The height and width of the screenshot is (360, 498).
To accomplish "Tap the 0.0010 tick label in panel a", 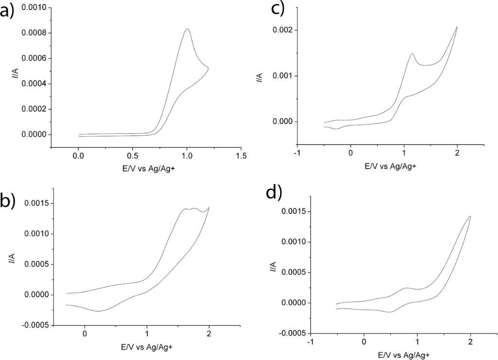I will [34, 8].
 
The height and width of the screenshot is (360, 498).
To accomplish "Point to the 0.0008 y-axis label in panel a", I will [34, 33].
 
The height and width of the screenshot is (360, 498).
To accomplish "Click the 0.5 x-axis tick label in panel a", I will [132, 156].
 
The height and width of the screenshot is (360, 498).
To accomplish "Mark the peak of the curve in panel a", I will [187, 29].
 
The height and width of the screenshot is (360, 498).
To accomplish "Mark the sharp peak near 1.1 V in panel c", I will [412, 54].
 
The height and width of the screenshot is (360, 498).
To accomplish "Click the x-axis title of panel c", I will [391, 166].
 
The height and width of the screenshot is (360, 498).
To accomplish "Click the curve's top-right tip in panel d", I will [470, 216].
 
